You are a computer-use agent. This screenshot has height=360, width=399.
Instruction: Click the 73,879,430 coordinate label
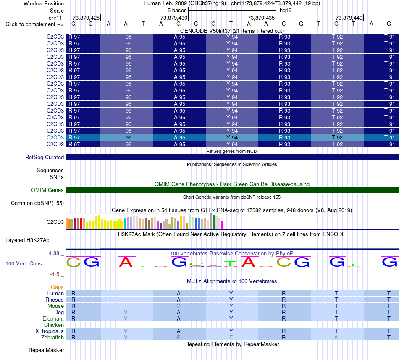point(174,18)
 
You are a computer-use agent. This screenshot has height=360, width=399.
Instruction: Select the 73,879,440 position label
point(349,18)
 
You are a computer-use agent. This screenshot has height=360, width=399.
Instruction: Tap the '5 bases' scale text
point(177,11)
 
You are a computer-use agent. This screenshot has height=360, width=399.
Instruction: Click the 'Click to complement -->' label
point(34,24)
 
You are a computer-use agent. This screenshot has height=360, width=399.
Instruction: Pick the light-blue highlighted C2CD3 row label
point(55,138)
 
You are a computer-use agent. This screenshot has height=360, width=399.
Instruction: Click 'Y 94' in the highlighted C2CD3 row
point(232,138)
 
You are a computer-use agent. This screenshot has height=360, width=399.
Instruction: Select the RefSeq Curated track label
point(44,158)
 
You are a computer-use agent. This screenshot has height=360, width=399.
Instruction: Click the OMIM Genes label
point(47,190)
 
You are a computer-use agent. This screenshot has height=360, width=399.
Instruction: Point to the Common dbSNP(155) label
point(37,203)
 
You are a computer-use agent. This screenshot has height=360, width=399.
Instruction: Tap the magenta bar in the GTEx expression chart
point(222,225)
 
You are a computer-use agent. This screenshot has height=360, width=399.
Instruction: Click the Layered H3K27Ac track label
point(27,240)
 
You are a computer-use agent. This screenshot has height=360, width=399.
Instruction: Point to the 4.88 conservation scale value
point(54,253)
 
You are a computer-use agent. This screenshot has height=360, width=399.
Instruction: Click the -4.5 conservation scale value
point(55,274)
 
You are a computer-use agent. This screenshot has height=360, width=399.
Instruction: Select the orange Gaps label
point(57,287)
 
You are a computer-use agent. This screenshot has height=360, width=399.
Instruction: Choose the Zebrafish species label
point(52,337)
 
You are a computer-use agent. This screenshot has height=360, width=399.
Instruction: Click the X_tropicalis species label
point(50,331)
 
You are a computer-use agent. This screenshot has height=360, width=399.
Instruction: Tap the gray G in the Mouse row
point(178,306)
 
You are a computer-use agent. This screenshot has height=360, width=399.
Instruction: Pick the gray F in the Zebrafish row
point(231,337)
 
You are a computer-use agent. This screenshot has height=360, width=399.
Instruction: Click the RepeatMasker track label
point(46,350)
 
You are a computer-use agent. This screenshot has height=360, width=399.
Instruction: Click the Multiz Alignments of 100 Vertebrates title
point(232,281)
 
